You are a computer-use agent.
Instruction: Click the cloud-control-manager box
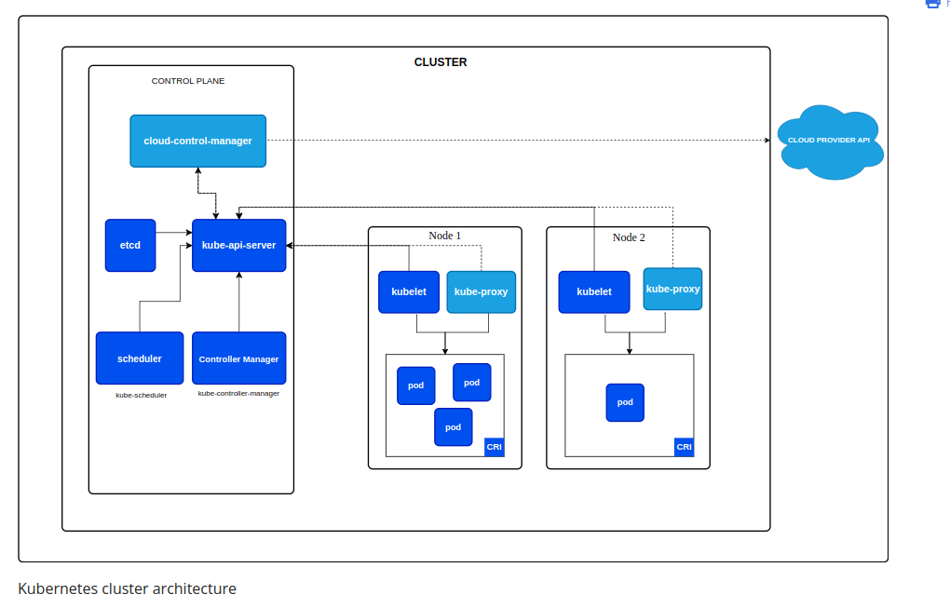(197, 141)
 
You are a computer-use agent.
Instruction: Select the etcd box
(130, 245)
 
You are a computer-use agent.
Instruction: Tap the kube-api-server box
(238, 245)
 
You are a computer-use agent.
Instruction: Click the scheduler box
(140, 358)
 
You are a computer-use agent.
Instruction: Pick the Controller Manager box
(238, 358)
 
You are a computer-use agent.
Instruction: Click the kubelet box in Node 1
(408, 291)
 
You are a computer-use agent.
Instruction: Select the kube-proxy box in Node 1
(481, 291)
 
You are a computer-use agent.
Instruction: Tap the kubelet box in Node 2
(594, 291)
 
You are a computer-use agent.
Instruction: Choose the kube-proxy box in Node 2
(672, 289)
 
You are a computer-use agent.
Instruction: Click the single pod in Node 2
(625, 402)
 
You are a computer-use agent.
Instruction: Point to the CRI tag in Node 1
(494, 447)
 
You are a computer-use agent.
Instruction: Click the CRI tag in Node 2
(684, 447)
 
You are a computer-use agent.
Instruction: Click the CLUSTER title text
(441, 62)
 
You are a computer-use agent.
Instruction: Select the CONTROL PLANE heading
(188, 81)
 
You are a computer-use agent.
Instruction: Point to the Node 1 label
(444, 236)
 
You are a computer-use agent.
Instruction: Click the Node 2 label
(629, 237)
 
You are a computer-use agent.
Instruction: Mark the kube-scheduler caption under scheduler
(141, 395)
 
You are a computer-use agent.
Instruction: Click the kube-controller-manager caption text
(238, 393)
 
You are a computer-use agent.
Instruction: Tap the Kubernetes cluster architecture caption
(127, 588)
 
